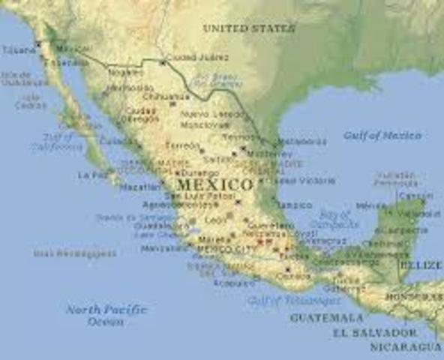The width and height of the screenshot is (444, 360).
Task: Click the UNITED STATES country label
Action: [248, 28]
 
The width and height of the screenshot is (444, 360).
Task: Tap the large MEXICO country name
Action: [214, 184]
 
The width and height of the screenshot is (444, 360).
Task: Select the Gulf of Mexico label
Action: [382, 136]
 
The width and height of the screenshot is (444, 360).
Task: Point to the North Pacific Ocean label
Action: [105, 315]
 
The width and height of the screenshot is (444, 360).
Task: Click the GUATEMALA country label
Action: [326, 318]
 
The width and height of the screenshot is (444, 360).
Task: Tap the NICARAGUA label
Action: [405, 347]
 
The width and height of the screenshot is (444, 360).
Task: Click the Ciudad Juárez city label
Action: [197, 58]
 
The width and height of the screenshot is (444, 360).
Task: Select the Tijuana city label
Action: [19, 49]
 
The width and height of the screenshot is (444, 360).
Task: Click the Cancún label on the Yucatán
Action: [411, 196]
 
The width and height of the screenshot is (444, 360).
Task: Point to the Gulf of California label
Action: [58, 142]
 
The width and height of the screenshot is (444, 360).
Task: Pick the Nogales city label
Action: [125, 73]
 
